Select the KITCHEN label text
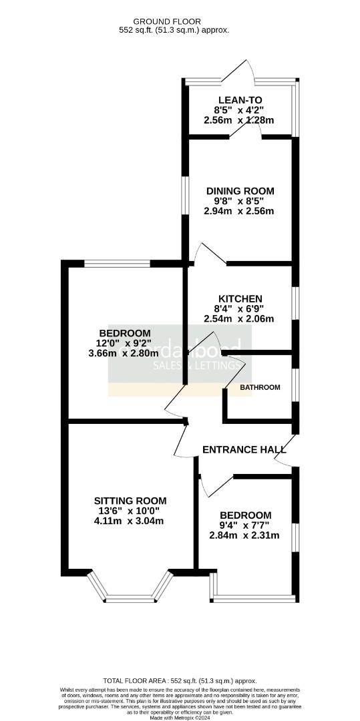coord(240,298)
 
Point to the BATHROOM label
coord(260,387)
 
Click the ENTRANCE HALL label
coord(239,449)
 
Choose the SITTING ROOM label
coord(130,501)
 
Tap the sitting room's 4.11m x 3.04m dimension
coord(130,521)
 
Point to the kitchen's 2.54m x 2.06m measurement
coord(239,319)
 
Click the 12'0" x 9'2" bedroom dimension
coord(125,343)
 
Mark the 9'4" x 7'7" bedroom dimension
coord(244,525)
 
